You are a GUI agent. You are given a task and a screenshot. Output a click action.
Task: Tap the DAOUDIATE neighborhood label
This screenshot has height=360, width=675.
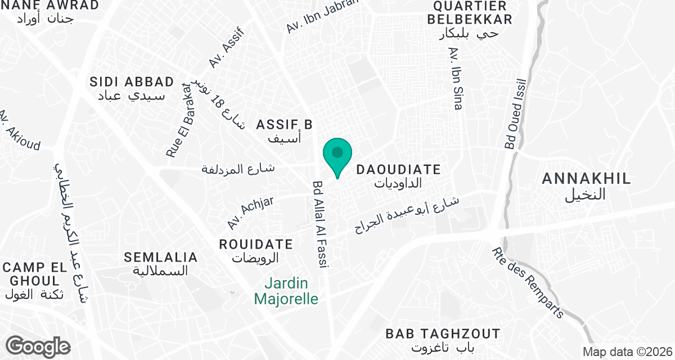pyautogui.click(x=399, y=169)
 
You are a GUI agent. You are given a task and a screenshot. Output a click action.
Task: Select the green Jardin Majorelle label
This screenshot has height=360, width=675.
pyautogui.click(x=286, y=291)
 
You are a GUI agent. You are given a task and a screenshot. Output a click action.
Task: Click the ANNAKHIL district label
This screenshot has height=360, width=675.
pyautogui.click(x=586, y=179)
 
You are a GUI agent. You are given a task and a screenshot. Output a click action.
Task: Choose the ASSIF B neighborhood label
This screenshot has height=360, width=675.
pyautogui.click(x=284, y=124)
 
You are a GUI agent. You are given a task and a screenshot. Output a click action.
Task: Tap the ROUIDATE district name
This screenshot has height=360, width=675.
pyautogui.click(x=256, y=245)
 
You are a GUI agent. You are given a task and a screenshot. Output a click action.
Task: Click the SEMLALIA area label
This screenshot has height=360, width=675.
pyautogui.click(x=161, y=258)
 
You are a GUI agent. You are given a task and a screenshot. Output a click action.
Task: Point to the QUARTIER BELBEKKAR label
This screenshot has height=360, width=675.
pyautogui.click(x=470, y=12)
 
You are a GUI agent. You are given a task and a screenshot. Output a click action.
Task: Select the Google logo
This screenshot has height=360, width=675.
pyautogui.click(x=38, y=346)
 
